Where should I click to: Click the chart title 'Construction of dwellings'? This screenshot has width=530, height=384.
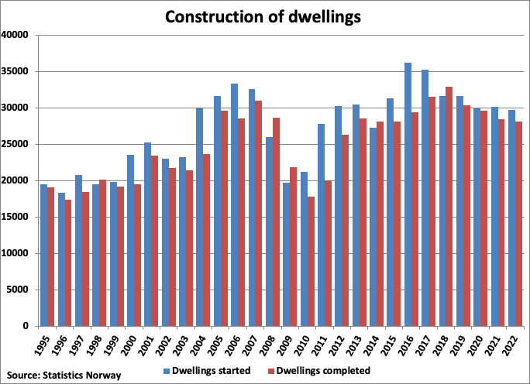pyautogui.click(x=264, y=15)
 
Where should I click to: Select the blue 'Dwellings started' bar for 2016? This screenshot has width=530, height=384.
pyautogui.click(x=408, y=194)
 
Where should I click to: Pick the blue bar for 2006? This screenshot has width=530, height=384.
pyautogui.click(x=234, y=204)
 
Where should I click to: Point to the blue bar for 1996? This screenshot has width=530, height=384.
pyautogui.click(x=61, y=259)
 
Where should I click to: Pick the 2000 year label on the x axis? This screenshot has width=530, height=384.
pyautogui.click(x=131, y=344)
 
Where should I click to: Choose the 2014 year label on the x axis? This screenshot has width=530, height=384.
pyautogui.click(x=373, y=344)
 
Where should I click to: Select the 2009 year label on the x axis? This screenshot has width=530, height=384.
pyautogui.click(x=286, y=344)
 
